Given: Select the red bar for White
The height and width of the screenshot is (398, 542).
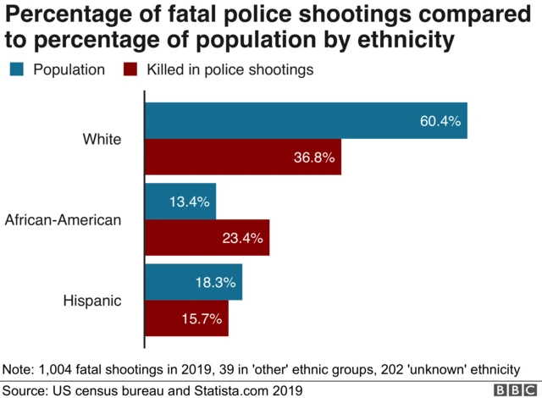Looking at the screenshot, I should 244,158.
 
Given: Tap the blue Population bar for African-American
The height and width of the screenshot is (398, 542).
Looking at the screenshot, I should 181,202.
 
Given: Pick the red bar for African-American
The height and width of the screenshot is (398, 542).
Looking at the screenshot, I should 207,238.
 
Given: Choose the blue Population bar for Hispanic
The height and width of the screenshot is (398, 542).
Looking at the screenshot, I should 195,282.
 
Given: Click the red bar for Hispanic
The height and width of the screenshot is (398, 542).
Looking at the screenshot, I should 187,318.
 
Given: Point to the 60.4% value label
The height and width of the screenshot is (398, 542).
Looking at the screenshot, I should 440,122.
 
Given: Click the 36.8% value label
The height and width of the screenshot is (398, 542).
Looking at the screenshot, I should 314,158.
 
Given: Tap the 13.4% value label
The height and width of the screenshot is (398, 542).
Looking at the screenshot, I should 189,202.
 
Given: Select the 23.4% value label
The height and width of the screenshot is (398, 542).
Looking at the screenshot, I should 242,239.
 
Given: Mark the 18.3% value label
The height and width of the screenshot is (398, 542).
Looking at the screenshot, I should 215,283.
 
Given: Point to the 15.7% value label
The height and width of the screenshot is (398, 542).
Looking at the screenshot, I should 202,319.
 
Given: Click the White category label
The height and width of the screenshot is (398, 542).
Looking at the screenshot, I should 102,140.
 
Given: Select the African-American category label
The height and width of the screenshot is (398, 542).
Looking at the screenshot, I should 64,220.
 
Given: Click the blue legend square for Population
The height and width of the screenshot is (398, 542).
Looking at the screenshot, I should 15,69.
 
